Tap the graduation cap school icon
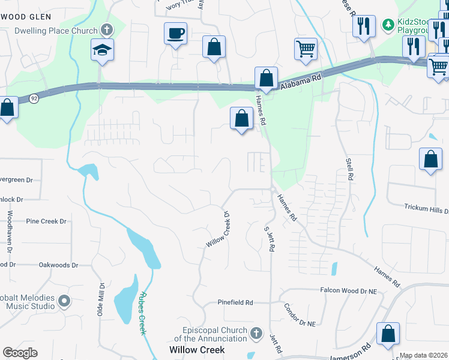[x=102, y=50]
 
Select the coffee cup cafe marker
[x=175, y=34]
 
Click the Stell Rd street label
[x=349, y=169]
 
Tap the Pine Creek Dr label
[x=46, y=221]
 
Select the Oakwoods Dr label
[x=58, y=265]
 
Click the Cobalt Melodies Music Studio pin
[x=64, y=301]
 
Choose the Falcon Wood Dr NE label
[x=352, y=290]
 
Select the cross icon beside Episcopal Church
[x=256, y=332]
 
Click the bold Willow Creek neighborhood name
[x=197, y=349]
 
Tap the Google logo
[x=20, y=353]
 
